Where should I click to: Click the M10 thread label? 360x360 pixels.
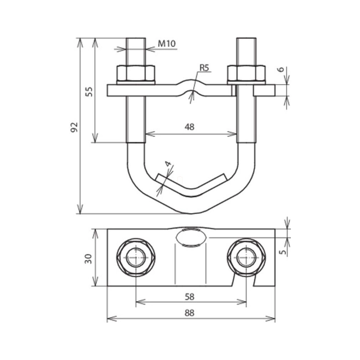coord(167,43)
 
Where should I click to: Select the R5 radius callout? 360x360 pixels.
coord(205,68)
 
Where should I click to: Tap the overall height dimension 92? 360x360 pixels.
coord(74,127)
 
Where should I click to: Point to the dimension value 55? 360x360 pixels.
coord(89,92)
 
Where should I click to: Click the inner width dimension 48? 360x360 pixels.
coord(190,127)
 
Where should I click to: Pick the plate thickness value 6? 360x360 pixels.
coord(281,70)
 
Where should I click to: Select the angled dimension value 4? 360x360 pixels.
coord(168,164)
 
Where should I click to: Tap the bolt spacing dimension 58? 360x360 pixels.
coord(190,297)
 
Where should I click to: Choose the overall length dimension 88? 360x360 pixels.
coord(190,313)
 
